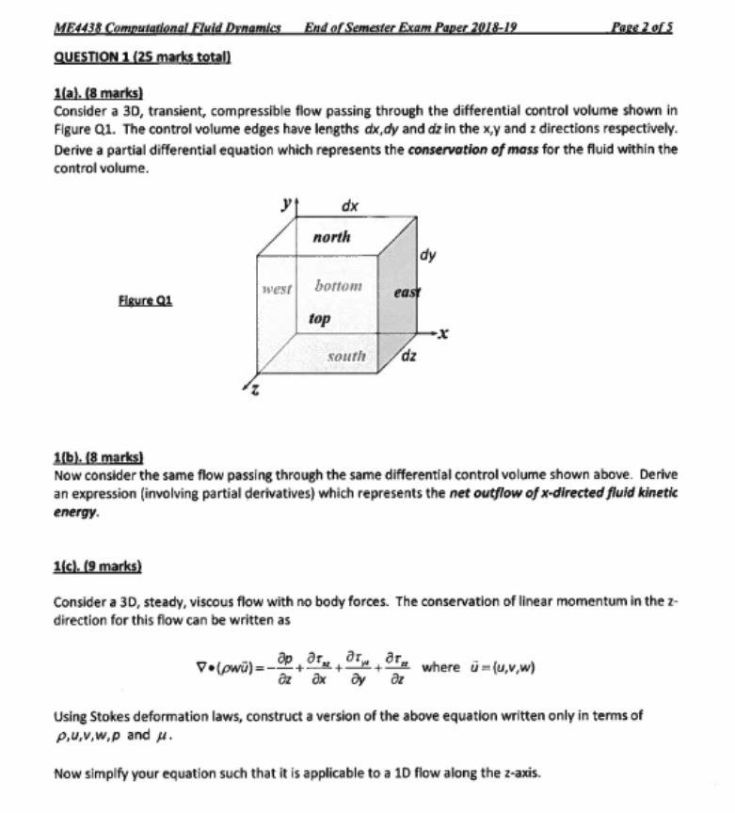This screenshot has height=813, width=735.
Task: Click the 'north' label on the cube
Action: click(331, 237)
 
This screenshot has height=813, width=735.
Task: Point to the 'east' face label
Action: click(407, 293)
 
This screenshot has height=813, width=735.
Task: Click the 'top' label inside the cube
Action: click(319, 320)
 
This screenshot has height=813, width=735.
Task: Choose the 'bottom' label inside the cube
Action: click(338, 285)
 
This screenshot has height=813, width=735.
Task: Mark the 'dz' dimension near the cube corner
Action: click(409, 356)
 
